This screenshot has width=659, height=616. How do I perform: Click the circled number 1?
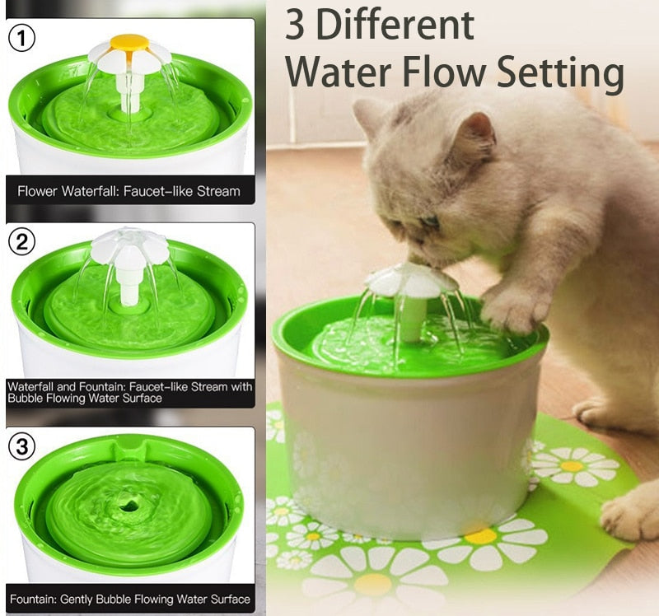(x=21, y=38)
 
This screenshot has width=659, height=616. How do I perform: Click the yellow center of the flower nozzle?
(x=129, y=42)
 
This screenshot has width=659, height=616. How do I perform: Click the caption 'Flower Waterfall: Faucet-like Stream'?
(x=129, y=191)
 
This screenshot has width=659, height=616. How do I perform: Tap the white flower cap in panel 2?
(x=129, y=246)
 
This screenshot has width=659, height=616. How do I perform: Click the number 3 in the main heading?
(x=295, y=26)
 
